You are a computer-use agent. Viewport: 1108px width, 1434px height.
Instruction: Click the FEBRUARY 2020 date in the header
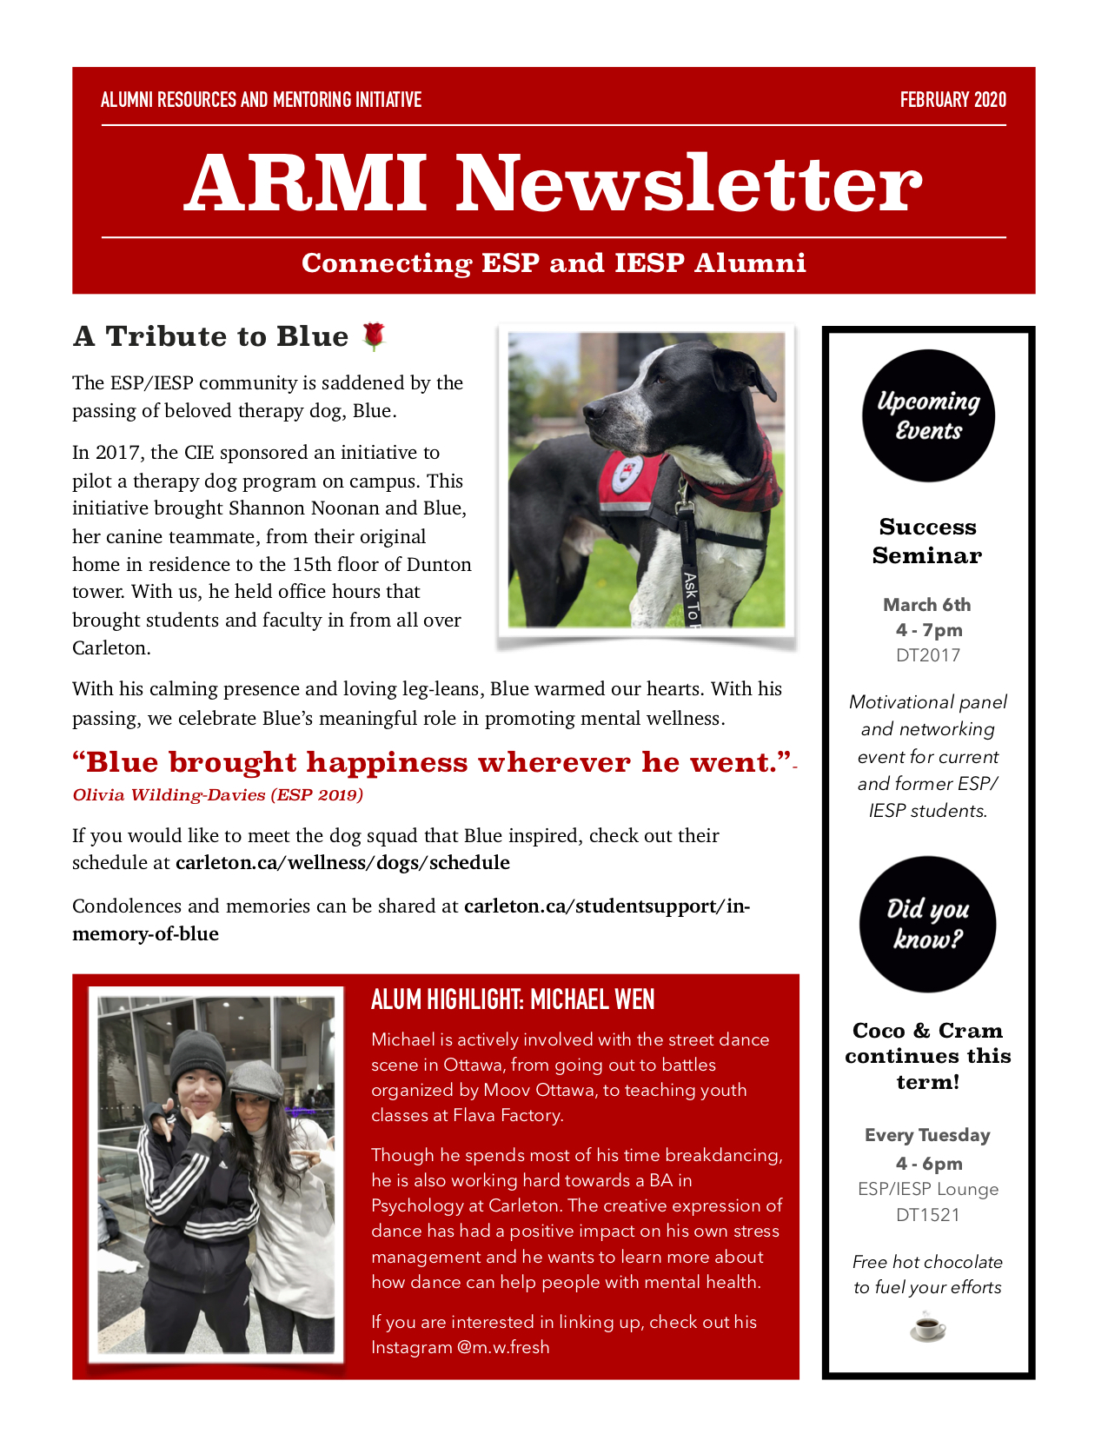coord(952,100)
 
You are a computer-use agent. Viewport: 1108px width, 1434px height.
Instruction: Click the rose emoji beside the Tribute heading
coord(374,335)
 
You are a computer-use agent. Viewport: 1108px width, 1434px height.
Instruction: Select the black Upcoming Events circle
coord(928,415)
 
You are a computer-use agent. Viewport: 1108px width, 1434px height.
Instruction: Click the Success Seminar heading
coord(927,541)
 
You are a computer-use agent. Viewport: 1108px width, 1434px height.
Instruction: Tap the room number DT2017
coord(927,655)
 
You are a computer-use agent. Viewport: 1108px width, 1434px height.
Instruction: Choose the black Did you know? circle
coord(927,924)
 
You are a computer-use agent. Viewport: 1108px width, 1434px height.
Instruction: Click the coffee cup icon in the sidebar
coord(927,1327)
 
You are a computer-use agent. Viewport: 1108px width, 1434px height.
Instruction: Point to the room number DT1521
coord(927,1215)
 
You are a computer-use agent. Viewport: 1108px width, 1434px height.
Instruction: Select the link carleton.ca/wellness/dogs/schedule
coord(342,863)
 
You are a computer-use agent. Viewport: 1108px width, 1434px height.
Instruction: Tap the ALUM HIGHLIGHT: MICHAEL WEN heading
coord(513,999)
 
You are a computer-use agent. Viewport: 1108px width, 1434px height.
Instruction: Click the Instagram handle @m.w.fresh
coord(503,1347)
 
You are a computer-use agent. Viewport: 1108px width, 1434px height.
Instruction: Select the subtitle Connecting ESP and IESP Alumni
coord(554,262)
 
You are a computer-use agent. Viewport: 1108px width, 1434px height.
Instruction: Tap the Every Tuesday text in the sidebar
coord(927,1135)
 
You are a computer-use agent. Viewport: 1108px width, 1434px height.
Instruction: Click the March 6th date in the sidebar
coord(927,605)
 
